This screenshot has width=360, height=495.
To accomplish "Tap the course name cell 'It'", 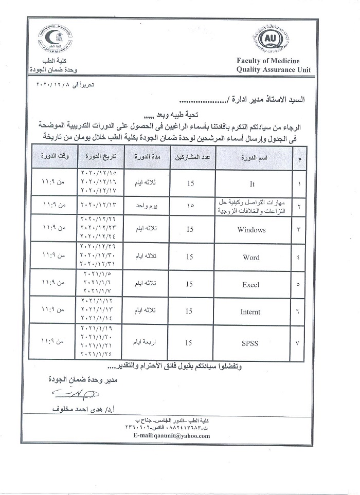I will [x=252, y=184].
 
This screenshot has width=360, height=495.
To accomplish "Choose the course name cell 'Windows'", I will [x=252, y=230].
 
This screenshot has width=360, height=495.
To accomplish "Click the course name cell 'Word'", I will [x=252, y=257].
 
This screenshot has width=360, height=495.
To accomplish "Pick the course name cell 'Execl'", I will [x=252, y=284].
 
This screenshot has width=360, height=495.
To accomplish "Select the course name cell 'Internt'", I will [x=250, y=311].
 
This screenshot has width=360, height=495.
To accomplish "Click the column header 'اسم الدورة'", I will [x=252, y=157].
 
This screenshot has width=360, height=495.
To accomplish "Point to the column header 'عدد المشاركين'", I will [x=189, y=157].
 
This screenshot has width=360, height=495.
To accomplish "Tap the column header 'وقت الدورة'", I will [x=55, y=155].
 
